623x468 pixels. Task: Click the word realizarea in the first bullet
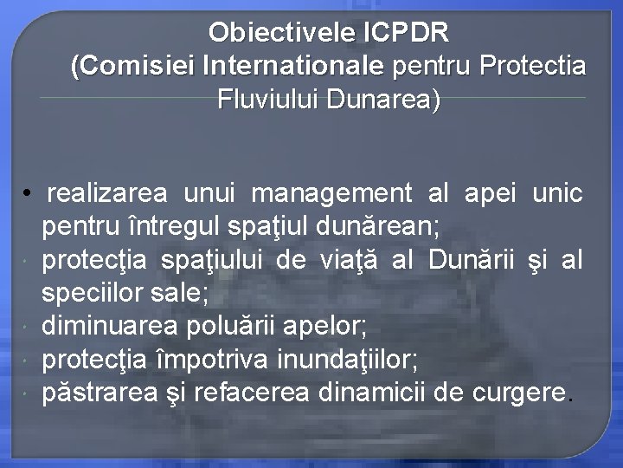[x=111, y=193]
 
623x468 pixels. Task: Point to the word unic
[x=558, y=193]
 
